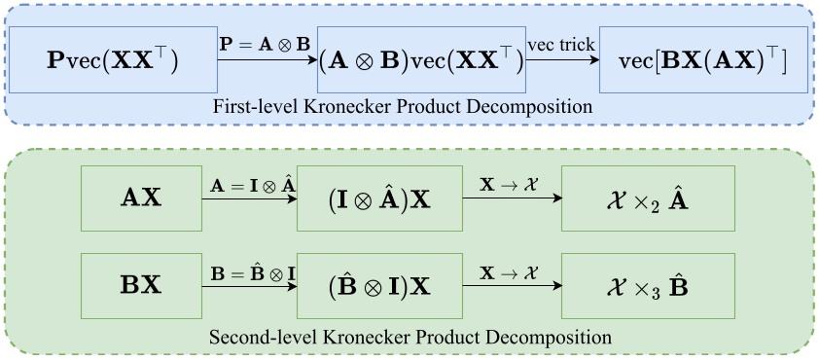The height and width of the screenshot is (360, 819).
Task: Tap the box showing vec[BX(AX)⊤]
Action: pyautogui.click(x=703, y=60)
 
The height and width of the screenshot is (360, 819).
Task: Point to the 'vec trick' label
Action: pyautogui.click(x=561, y=45)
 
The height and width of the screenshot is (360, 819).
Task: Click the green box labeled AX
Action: pyautogui.click(x=143, y=198)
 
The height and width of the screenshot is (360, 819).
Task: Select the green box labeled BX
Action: pyautogui.click(x=143, y=281)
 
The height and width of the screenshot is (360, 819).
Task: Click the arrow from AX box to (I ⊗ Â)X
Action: pyautogui.click(x=248, y=198)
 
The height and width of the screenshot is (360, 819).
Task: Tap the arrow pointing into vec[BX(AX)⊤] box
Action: pyautogui.click(x=561, y=60)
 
